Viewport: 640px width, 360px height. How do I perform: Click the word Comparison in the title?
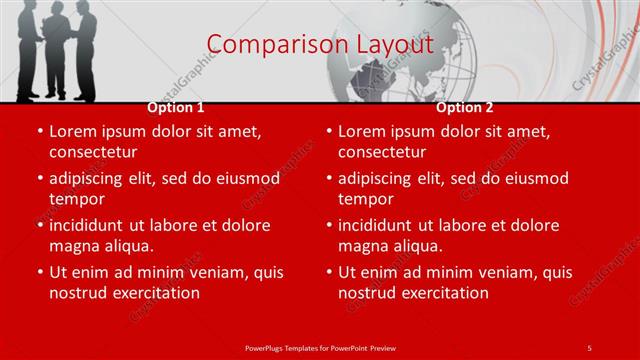click(x=267, y=45)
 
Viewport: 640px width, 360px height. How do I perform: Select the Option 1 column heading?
click(x=176, y=107)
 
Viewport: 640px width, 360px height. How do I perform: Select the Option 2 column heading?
click(x=465, y=107)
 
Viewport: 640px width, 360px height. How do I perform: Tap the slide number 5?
click(x=589, y=347)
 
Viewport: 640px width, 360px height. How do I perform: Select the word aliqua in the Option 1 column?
click(x=127, y=246)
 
